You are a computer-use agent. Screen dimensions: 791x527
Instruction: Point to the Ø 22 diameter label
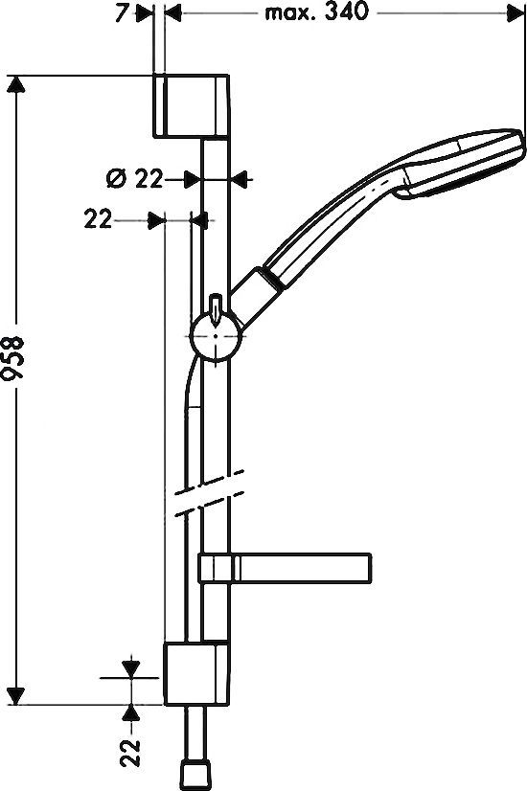click(132, 177)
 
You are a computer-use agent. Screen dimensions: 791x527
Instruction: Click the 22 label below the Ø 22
click(98, 219)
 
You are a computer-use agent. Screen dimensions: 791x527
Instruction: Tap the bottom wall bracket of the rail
click(196, 673)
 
